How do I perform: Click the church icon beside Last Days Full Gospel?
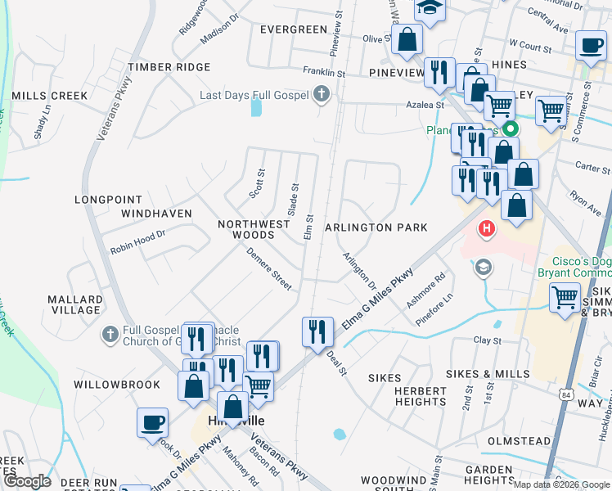point(322,96)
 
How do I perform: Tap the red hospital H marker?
point(487,227)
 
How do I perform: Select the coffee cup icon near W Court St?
point(590,46)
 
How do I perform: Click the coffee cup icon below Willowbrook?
point(152,423)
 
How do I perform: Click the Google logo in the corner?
point(27,481)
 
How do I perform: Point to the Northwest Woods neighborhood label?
point(254,229)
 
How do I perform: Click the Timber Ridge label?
point(169,67)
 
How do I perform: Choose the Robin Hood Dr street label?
point(138,237)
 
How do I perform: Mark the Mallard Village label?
point(74,304)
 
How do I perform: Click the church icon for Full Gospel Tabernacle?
point(110,334)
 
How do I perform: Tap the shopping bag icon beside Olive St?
point(407,39)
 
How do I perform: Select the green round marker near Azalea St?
point(510,128)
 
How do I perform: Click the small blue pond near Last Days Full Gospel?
point(257,106)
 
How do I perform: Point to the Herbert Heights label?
point(421,396)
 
